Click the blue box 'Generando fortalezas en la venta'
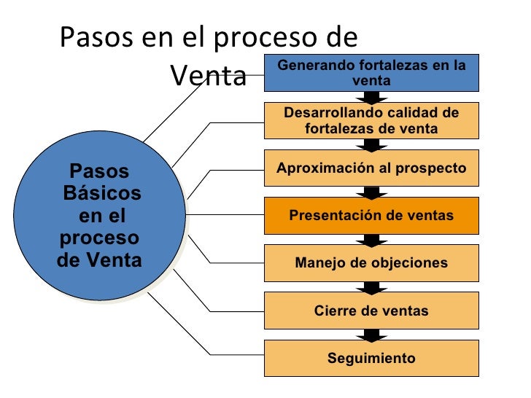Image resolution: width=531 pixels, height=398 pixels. [x=371, y=72]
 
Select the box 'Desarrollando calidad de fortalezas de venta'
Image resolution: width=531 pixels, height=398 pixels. [x=371, y=120]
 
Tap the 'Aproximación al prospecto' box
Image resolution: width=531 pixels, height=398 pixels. [x=371, y=168]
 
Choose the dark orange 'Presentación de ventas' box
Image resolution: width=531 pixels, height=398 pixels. [x=371, y=216]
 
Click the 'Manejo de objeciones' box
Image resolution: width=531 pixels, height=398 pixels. [x=371, y=263]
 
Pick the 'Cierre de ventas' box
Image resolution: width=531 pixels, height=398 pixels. [x=371, y=311]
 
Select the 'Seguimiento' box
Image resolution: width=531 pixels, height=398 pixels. [x=371, y=359]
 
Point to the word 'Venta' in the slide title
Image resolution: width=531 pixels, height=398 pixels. [x=209, y=75]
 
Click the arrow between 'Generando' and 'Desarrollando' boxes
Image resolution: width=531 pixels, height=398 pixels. [x=371, y=97]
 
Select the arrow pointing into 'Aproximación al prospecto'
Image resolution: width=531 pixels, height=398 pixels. [x=371, y=144]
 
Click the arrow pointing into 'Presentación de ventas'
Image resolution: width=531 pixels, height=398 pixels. [x=371, y=192]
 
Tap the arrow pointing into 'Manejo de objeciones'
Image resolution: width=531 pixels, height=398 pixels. [x=371, y=240]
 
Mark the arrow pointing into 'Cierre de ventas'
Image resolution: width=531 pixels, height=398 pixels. [x=371, y=287]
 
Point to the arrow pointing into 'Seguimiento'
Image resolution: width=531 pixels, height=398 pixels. [x=371, y=335]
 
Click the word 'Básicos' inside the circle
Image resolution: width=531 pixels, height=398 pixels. [x=102, y=194]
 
